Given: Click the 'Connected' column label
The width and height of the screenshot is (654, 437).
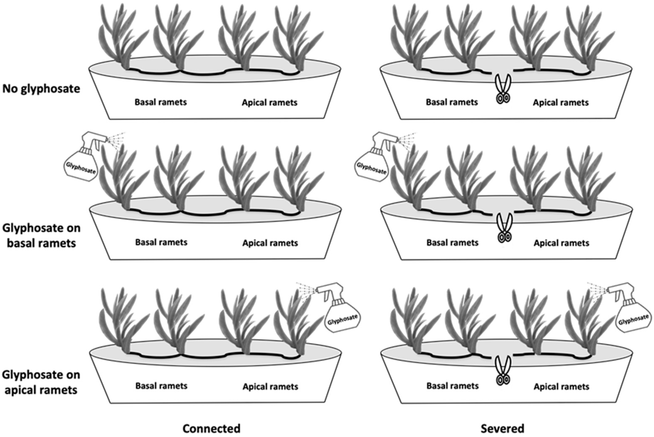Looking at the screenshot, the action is tap(211, 428).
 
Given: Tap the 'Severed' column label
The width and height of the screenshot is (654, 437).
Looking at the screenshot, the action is tap(502, 428).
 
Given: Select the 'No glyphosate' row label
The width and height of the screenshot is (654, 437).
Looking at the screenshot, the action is tap(41, 89).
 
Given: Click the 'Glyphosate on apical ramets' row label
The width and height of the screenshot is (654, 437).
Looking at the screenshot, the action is tap(41, 382).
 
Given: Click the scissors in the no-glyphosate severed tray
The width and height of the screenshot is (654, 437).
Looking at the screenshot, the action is tap(503, 89).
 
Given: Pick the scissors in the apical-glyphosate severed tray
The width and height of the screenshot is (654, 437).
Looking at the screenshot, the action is tap(503, 371).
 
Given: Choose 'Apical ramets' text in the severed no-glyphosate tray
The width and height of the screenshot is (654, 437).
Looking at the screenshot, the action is tap(561, 103).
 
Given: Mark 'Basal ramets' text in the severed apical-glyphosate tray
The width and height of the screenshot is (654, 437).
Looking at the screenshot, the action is tap(453, 386).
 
